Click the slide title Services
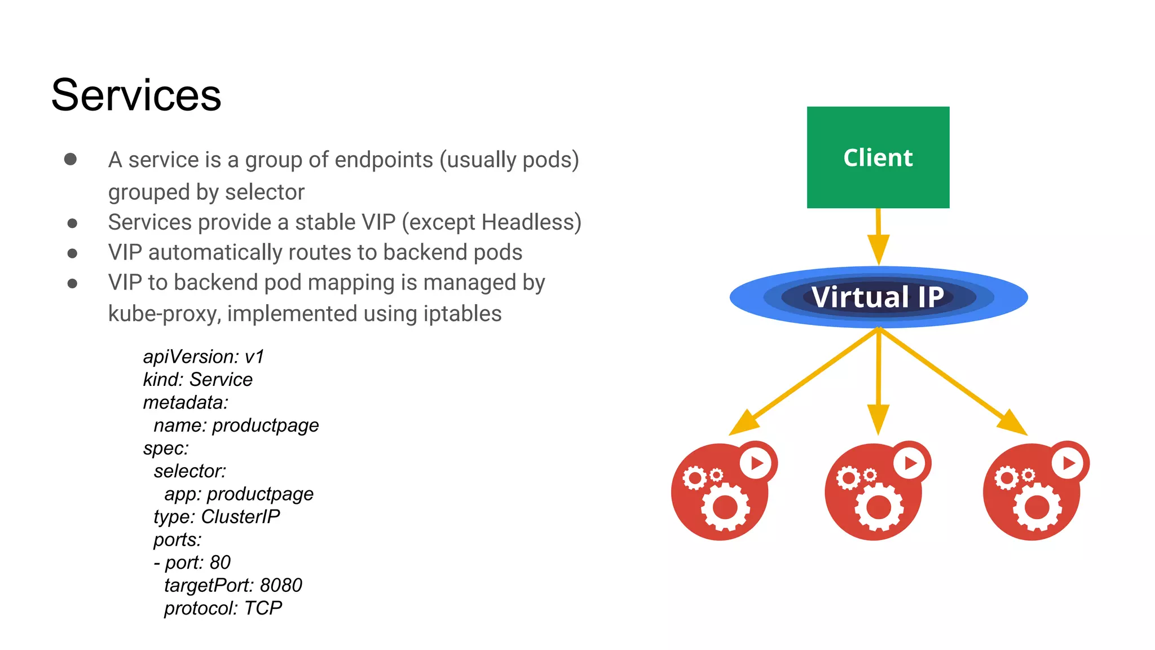coord(136,95)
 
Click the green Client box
coord(878,157)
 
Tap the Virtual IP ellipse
coord(878,297)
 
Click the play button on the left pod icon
coord(756,463)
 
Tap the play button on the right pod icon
coord(1068,463)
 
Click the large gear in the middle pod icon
coord(879,507)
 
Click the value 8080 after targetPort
coord(281,586)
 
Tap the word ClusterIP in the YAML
coord(240,517)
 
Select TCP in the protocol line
coord(263,608)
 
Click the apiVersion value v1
coord(254,357)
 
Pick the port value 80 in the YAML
coord(220,563)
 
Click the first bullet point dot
coord(70,159)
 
